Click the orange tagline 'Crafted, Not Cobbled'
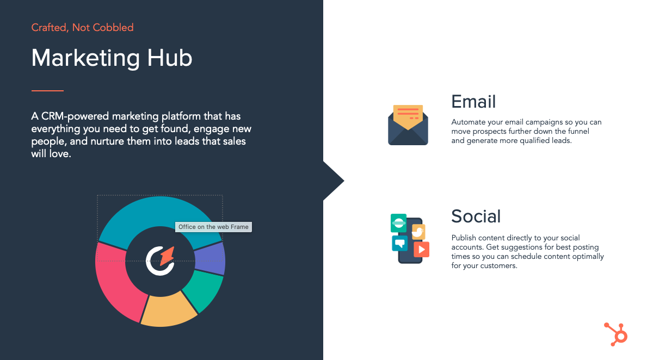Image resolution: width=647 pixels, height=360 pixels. tap(83, 28)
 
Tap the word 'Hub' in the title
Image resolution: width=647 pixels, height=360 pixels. tap(170, 58)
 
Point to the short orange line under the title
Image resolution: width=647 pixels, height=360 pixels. tap(47, 90)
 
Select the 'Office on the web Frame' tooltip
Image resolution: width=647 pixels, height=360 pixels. tap(213, 227)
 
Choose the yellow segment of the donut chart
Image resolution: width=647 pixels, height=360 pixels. tap(169, 310)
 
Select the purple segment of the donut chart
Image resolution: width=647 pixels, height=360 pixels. tap(210, 258)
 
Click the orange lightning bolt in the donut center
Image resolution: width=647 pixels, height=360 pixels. tap(167, 256)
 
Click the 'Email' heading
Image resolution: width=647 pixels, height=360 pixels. tap(473, 102)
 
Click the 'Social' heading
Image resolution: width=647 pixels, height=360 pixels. tap(476, 216)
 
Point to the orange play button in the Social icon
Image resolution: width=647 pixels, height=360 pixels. tap(421, 249)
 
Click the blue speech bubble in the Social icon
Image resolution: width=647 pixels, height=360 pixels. tap(399, 243)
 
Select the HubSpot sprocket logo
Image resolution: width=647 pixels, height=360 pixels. tap(616, 334)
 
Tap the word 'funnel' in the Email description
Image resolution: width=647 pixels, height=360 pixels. tap(577, 131)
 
